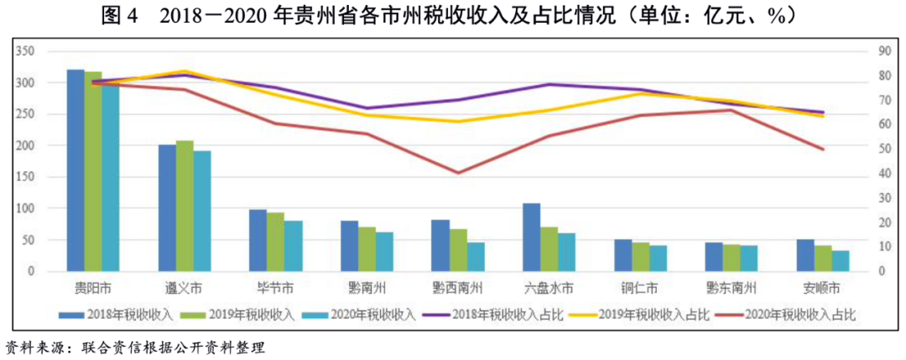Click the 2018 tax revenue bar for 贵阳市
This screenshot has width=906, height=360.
tap(75, 170)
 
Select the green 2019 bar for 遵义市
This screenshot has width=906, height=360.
tap(185, 206)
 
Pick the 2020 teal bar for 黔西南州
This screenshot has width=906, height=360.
tap(476, 257)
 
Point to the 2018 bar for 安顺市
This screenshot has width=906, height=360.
tap(804, 256)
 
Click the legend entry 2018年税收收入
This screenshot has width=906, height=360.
tap(112, 314)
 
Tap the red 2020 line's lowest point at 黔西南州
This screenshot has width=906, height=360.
tap(458, 174)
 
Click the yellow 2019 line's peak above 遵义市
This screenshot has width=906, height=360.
tap(185, 70)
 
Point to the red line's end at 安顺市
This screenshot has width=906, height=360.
tap(823, 149)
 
